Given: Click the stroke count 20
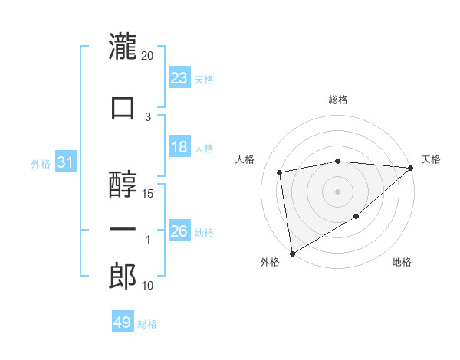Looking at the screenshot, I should (x=148, y=56).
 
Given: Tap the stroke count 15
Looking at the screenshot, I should (x=149, y=193).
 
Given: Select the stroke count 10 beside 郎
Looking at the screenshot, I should (x=149, y=286).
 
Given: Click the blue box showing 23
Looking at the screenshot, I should (x=179, y=77).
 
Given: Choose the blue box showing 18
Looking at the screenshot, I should (x=179, y=147).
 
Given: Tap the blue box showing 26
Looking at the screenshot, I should (x=179, y=231).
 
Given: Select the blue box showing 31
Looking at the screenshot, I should (x=65, y=162).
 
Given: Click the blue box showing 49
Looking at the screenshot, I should (x=123, y=322).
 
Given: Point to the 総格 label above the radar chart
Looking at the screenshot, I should (x=338, y=100).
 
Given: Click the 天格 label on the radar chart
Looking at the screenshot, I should (x=431, y=159).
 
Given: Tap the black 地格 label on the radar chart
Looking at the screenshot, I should (x=402, y=263).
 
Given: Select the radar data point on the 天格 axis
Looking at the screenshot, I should (x=411, y=168).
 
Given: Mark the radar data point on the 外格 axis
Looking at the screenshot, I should (x=292, y=253).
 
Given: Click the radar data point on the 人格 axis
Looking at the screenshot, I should (x=281, y=172).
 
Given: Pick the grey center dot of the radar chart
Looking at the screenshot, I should (x=338, y=191).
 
